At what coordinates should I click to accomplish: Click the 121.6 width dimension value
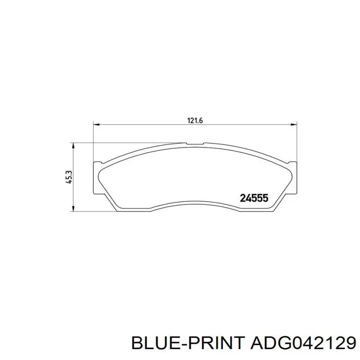pyautogui.click(x=195, y=121)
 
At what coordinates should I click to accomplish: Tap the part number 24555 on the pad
pyautogui.click(x=254, y=198)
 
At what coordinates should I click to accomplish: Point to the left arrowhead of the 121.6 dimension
pyautogui.click(x=96, y=125)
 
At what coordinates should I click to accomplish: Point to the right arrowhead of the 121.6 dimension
pyautogui.click(x=294, y=125)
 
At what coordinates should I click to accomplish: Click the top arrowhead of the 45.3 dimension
pyautogui.click(x=73, y=146)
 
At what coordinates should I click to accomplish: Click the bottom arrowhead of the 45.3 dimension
pyautogui.click(x=73, y=208)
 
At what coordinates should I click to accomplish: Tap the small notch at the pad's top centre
pyautogui.click(x=195, y=144)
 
